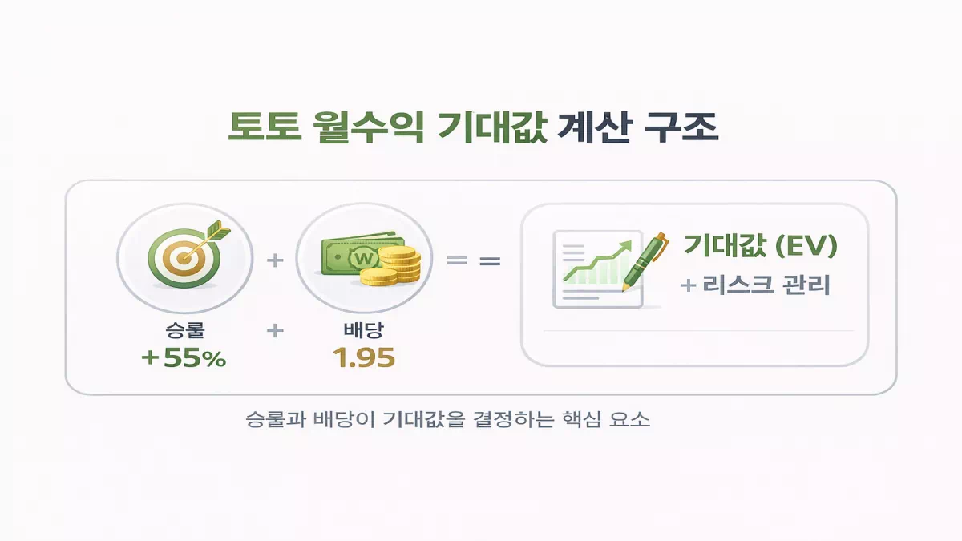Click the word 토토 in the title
click(x=265, y=127)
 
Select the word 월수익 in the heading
click(x=368, y=127)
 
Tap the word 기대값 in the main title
click(x=492, y=127)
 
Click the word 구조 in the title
click(x=681, y=127)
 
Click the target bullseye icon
click(x=184, y=258)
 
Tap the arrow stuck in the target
click(x=207, y=240)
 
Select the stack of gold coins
click(x=390, y=265)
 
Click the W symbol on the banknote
click(x=365, y=258)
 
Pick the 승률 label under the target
click(x=185, y=329)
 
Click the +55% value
click(x=184, y=357)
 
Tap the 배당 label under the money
click(x=364, y=329)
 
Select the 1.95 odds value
click(x=364, y=357)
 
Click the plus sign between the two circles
click(x=275, y=260)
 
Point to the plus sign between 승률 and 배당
click(x=275, y=330)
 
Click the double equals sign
click(x=474, y=260)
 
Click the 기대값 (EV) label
click(x=760, y=246)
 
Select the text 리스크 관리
click(x=766, y=285)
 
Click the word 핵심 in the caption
click(x=581, y=419)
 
